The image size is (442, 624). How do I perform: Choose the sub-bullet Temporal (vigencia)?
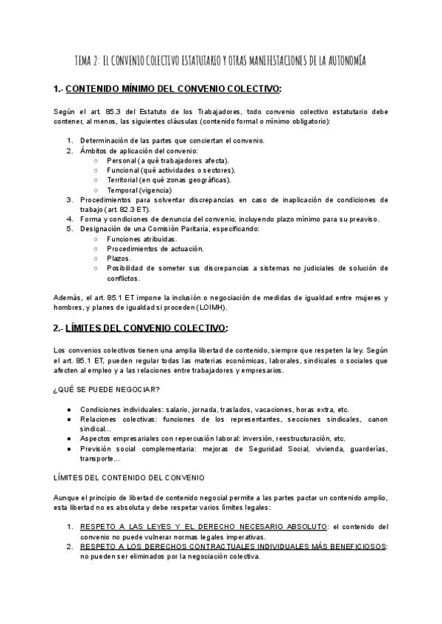click(x=139, y=189)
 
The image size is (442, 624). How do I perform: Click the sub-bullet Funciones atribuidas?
click(x=141, y=238)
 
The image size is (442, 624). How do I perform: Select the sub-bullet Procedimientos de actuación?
click(x=152, y=249)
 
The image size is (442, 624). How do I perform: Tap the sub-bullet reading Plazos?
click(x=119, y=258)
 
